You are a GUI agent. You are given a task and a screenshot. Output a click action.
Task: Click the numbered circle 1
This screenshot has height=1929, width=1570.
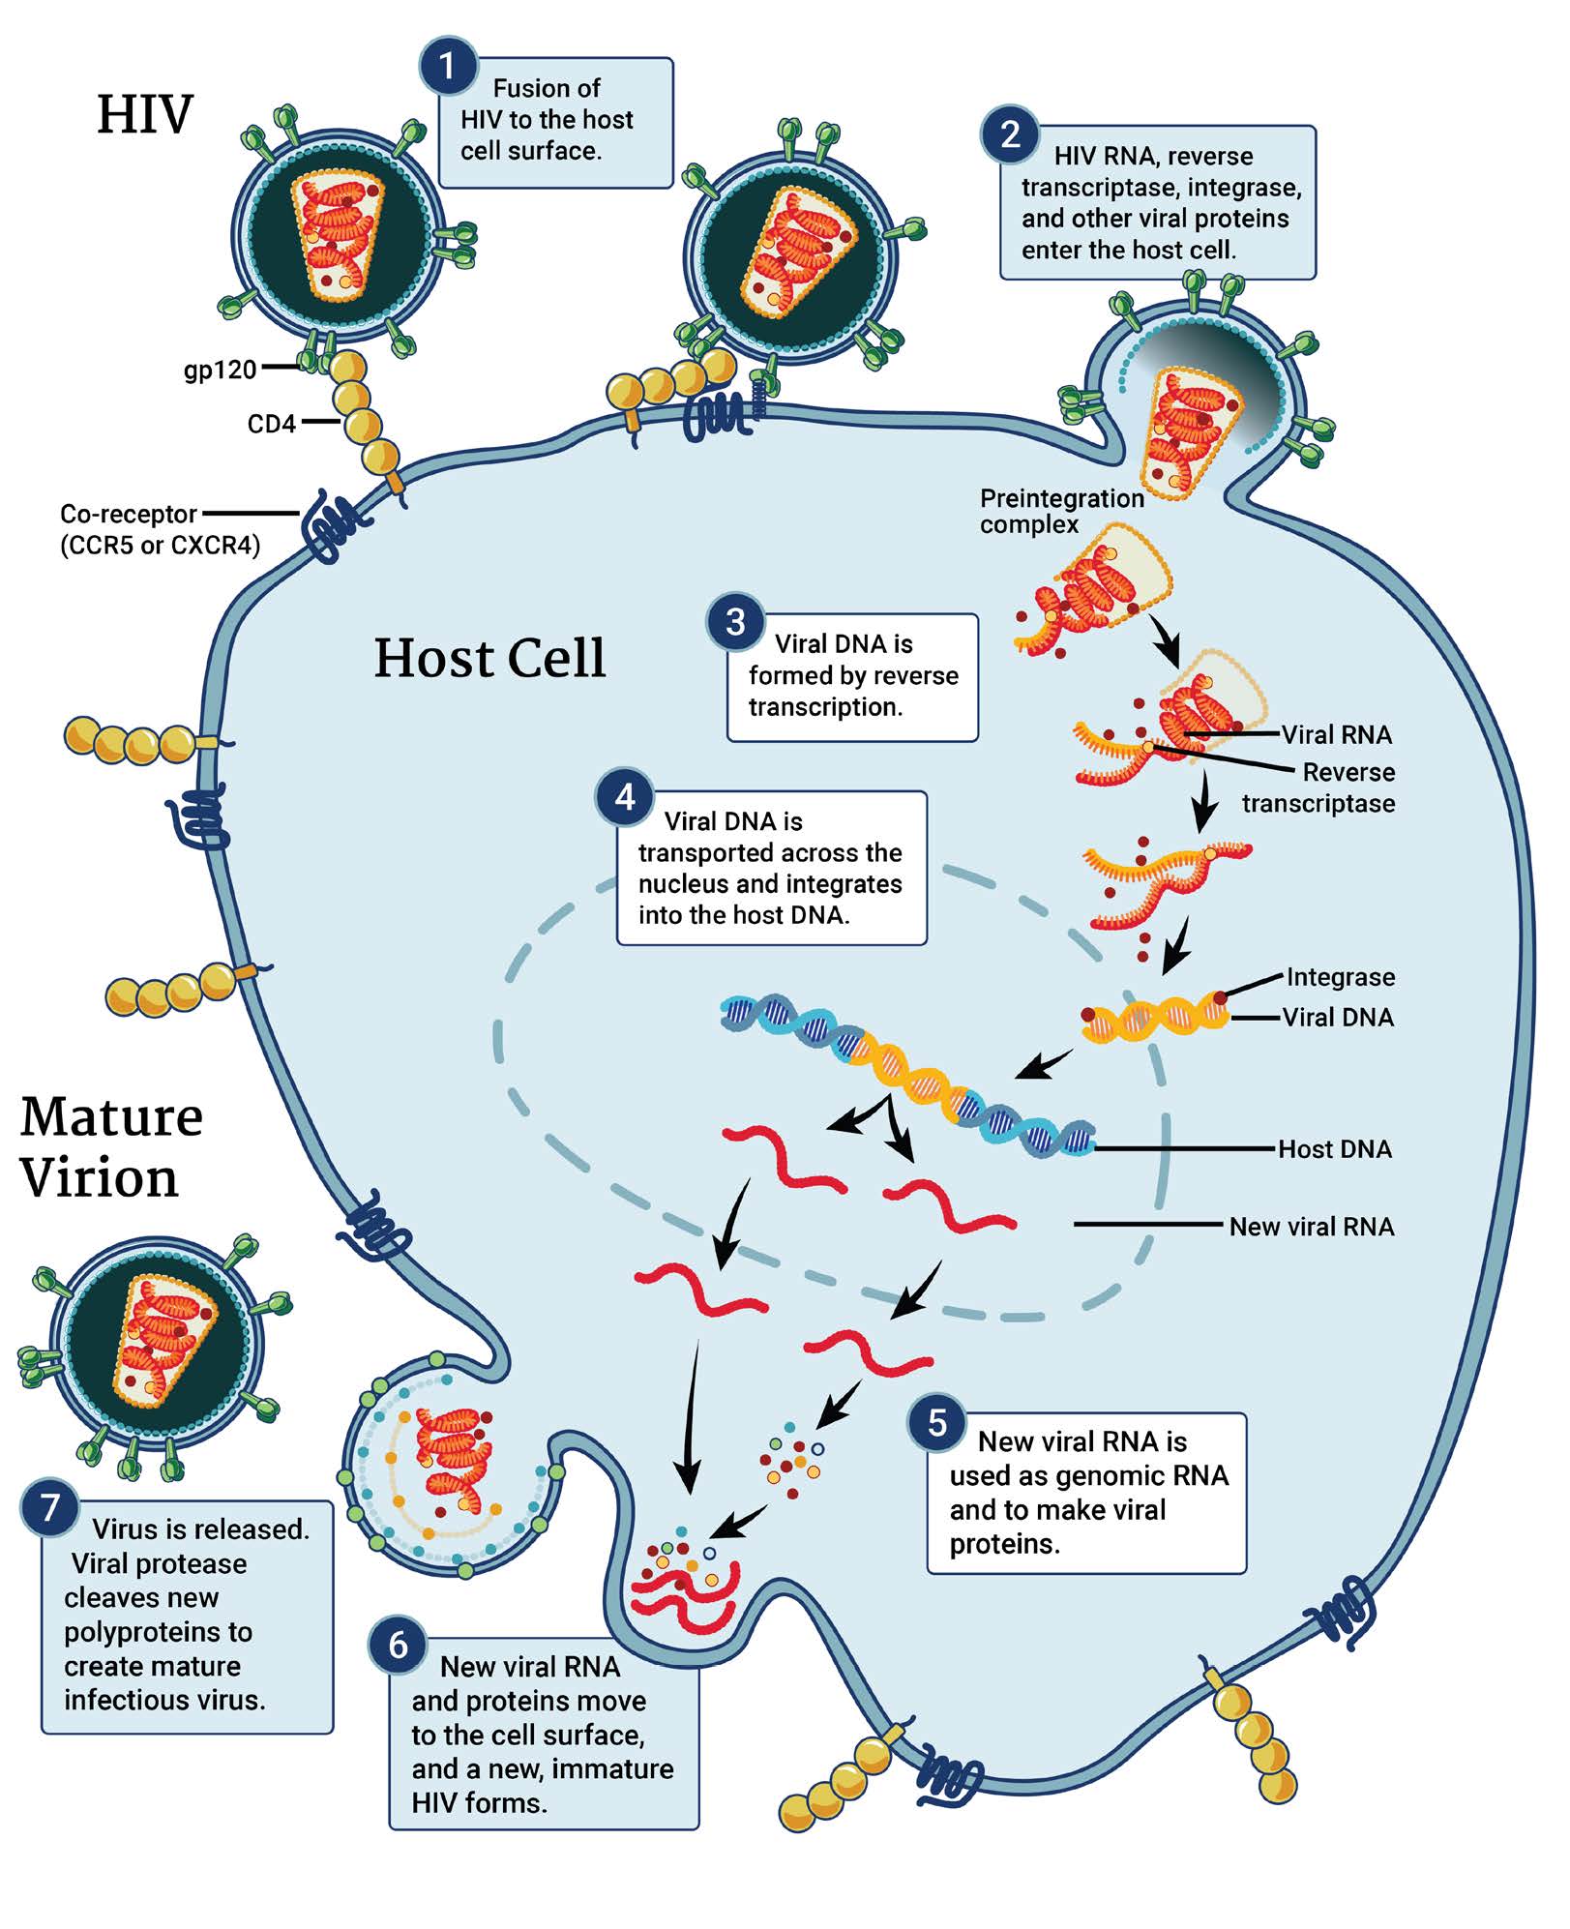447,67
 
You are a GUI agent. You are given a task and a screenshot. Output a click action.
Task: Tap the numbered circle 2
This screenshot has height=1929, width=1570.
1010,134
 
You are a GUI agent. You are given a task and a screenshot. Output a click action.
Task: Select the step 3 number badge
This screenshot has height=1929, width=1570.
735,622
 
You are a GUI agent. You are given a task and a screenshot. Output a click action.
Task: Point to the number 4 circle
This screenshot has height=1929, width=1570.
625,798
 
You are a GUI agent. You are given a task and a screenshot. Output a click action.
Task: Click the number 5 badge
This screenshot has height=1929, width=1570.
936,1423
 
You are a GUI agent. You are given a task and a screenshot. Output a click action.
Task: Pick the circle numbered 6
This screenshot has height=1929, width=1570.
398,1646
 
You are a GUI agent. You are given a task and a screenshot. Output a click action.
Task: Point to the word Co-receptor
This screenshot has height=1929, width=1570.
129,515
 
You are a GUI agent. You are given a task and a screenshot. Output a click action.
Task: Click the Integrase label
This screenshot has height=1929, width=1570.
1341,978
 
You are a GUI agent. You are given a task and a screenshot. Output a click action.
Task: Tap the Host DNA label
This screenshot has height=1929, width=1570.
1335,1150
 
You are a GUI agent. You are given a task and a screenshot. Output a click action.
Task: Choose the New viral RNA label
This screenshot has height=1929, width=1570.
1312,1228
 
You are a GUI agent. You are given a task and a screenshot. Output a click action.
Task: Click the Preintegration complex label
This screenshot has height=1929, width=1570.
1060,512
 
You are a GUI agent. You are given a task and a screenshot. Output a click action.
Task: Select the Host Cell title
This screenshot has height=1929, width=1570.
489,659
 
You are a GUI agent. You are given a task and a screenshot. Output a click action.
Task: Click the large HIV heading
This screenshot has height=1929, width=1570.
145,115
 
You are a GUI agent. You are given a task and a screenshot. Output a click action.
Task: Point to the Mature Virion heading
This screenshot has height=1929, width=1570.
110,1147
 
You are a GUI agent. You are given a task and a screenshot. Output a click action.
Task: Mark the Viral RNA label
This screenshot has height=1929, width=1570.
1337,735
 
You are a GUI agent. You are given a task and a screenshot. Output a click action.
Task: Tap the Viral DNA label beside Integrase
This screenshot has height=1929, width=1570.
1338,1018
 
